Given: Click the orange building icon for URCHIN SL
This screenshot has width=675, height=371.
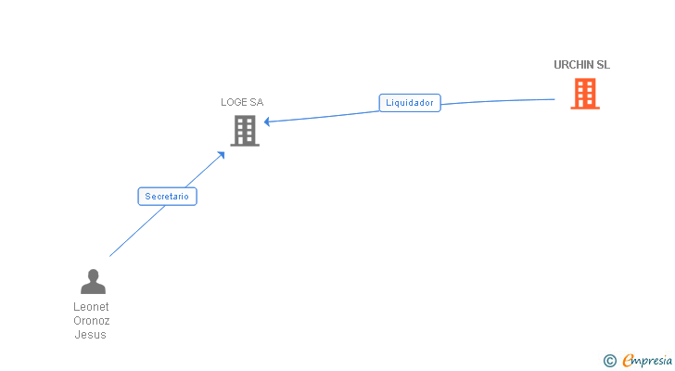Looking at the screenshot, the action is [x=584, y=94].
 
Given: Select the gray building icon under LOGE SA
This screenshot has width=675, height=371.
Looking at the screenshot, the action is [x=245, y=131].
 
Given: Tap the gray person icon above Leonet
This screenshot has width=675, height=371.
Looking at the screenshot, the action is [x=93, y=281].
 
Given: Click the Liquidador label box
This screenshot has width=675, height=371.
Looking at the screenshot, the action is [x=410, y=103].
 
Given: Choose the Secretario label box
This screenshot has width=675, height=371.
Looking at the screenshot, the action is [x=167, y=197].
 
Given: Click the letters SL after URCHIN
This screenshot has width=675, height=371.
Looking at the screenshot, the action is [x=604, y=65].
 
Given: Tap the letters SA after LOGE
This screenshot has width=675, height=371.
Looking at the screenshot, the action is [x=257, y=102].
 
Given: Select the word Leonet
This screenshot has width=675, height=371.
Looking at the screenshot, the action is [x=91, y=306].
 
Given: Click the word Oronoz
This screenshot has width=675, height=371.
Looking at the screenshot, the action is [x=91, y=321].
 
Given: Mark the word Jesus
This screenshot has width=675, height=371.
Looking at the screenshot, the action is [x=91, y=335].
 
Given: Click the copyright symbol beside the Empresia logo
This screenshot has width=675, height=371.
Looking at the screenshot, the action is [x=609, y=361].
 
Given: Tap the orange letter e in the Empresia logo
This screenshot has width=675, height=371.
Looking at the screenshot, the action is [x=628, y=360].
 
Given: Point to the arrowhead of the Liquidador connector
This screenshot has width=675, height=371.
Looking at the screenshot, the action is [x=267, y=122].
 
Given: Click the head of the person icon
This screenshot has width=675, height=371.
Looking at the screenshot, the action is [x=93, y=275].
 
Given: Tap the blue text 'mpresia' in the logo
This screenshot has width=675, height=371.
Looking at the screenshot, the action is [x=653, y=361].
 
